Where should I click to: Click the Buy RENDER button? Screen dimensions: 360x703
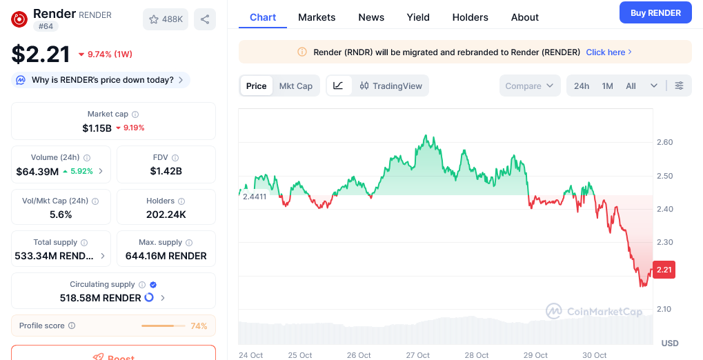[x=655, y=12]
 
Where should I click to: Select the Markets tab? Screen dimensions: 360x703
[x=317, y=17]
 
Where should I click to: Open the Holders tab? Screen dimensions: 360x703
[x=470, y=17]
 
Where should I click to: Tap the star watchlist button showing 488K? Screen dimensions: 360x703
[x=166, y=19]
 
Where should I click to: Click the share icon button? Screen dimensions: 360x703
[x=205, y=19]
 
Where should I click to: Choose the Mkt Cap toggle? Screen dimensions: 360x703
[x=295, y=86]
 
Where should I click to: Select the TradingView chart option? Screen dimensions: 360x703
[x=390, y=86]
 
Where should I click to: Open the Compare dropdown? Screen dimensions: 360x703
[x=529, y=86]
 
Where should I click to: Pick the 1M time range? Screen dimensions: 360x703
[x=607, y=86]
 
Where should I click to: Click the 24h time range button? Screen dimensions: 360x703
[x=582, y=86]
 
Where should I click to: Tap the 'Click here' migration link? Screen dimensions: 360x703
[x=608, y=52]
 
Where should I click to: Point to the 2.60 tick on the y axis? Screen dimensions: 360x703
[x=664, y=142]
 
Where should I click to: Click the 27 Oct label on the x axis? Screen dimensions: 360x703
[x=418, y=355]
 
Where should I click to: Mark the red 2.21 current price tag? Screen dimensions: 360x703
[x=664, y=270]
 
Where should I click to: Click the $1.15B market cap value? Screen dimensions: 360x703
[x=97, y=128]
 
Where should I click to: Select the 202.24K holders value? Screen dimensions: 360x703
[x=166, y=215]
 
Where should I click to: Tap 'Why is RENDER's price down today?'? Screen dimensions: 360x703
[x=103, y=80]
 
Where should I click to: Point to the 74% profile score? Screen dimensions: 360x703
[x=199, y=326]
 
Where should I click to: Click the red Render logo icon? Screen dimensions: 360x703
[x=19, y=19]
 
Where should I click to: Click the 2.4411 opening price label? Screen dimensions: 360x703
[x=254, y=196]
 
